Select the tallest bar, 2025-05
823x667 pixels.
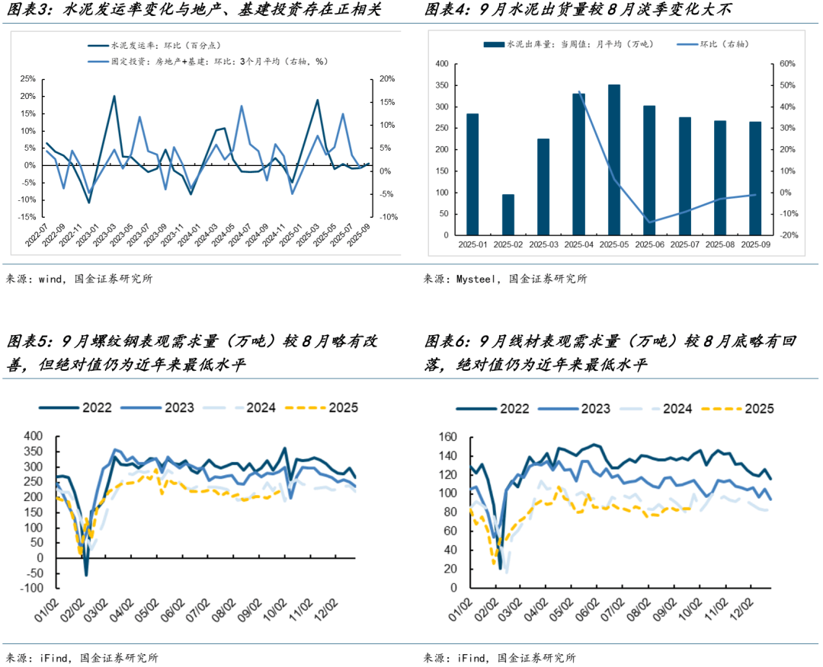pyautogui.click(x=613, y=159)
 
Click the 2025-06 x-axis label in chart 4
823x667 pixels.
pyautogui.click(x=648, y=244)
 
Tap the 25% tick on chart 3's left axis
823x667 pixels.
pyautogui.click(x=27, y=78)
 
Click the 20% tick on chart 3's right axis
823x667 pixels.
pyautogui.click(x=386, y=78)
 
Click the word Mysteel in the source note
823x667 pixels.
pyautogui.click(x=477, y=279)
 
